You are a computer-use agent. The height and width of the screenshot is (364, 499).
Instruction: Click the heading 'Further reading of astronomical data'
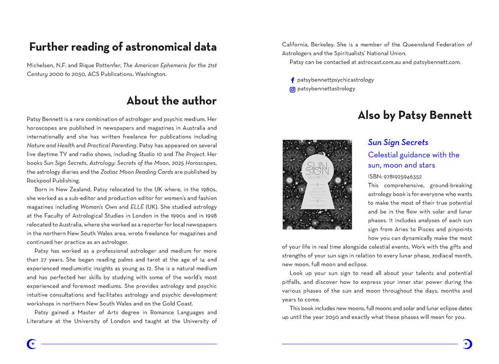click(123, 47)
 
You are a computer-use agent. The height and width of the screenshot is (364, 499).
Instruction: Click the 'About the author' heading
click(171, 101)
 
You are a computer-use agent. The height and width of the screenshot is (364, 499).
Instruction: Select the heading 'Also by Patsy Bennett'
click(415, 115)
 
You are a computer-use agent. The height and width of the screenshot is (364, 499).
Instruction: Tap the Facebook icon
click(292, 80)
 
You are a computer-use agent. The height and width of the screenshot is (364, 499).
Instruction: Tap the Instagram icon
click(292, 89)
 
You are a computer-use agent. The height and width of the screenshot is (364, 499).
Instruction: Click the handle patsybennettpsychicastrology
click(335, 80)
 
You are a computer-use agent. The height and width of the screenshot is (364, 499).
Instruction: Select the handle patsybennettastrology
click(326, 89)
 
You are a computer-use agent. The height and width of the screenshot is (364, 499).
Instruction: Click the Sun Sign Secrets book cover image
click(317, 185)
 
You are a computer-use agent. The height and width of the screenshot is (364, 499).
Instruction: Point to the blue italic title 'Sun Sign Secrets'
click(398, 143)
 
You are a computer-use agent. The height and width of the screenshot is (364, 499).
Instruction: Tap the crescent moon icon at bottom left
click(31, 344)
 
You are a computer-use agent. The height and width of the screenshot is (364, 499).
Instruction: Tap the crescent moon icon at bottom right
click(467, 344)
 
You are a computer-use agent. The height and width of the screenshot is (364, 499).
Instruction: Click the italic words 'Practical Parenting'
click(112, 145)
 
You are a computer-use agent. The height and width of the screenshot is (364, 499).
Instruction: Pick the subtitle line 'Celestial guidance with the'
click(414, 155)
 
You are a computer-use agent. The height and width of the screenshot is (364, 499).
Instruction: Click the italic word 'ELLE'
click(137, 207)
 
